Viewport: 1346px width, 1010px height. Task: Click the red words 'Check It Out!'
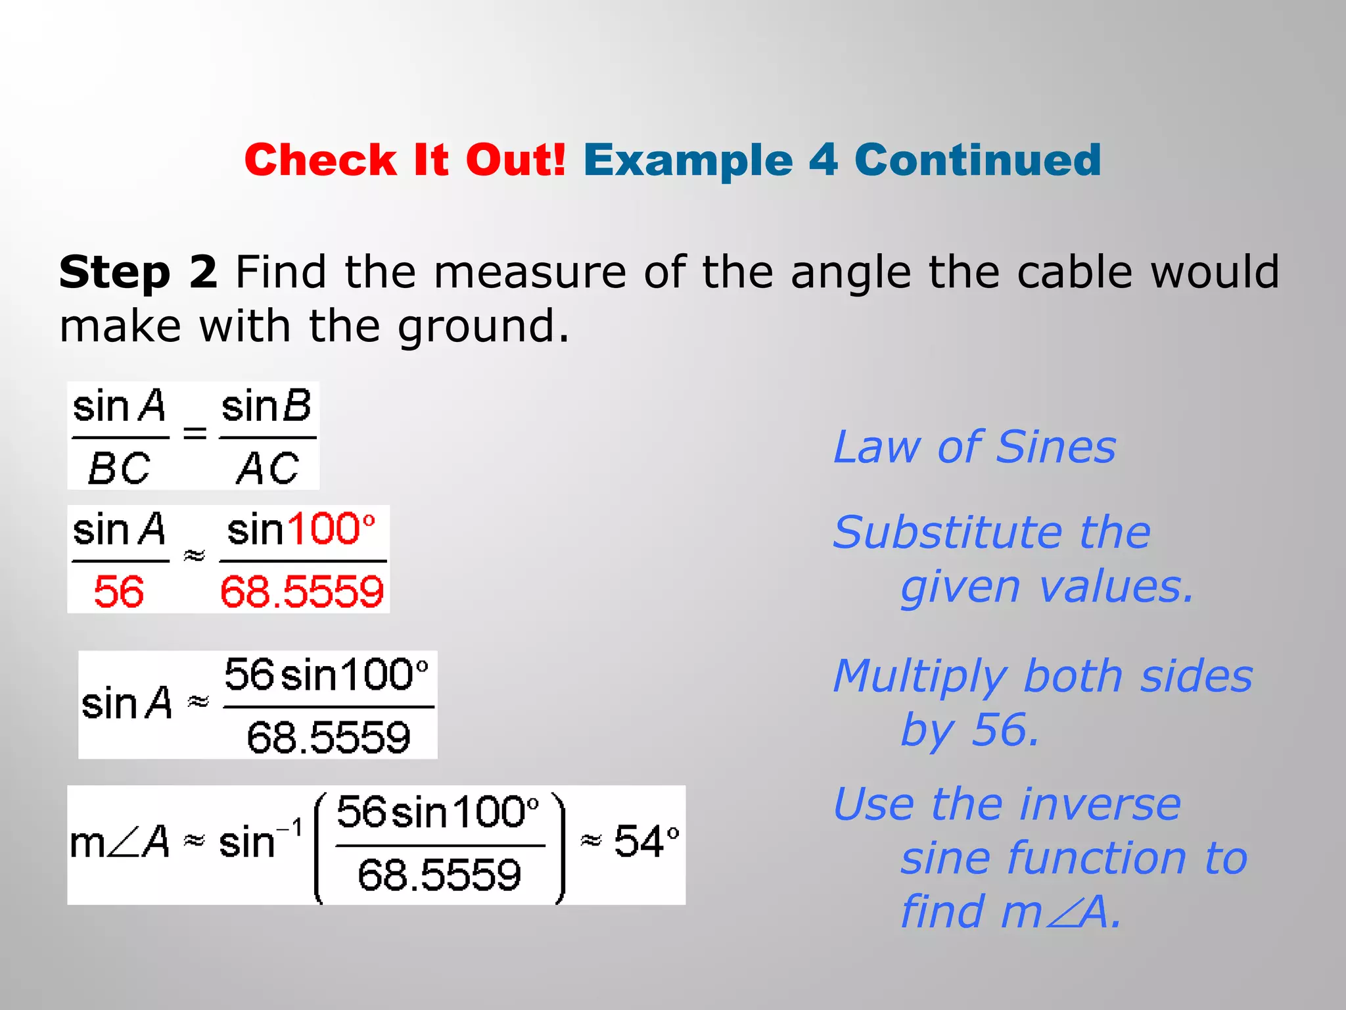[x=405, y=160]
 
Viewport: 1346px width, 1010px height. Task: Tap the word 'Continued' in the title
[x=977, y=160]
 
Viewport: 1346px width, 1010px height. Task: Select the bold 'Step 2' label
[x=138, y=272]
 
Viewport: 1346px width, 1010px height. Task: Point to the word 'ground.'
[x=484, y=326]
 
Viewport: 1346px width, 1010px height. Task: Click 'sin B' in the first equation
[x=266, y=406]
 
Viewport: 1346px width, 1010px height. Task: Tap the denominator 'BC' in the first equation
[x=119, y=469]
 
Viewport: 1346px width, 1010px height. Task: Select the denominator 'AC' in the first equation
[x=267, y=469]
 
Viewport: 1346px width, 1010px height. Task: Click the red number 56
[x=119, y=591]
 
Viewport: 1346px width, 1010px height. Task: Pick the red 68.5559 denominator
[x=302, y=591]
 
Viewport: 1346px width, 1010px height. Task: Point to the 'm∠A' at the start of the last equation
[x=119, y=842]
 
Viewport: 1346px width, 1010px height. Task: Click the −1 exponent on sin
[x=290, y=828]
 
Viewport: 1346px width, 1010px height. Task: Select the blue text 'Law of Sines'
[x=975, y=447]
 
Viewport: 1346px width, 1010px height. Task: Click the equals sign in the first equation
[x=195, y=433]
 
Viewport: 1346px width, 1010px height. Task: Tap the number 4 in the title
[x=823, y=160]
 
